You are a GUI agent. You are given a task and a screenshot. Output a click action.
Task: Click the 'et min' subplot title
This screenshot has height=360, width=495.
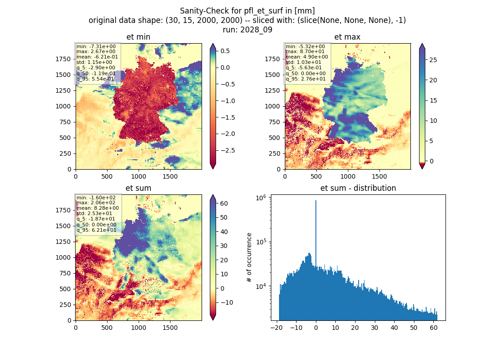click(138, 37)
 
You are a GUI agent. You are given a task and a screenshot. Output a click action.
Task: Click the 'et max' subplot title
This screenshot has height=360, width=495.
click(347, 37)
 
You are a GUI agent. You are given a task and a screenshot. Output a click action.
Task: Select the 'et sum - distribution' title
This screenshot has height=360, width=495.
click(358, 188)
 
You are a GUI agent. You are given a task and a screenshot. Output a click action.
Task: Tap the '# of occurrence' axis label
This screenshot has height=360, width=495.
click(249, 258)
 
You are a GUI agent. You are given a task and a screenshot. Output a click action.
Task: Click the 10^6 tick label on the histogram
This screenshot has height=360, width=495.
click(261, 198)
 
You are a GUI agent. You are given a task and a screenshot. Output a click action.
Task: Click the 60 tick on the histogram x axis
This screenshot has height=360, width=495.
click(434, 328)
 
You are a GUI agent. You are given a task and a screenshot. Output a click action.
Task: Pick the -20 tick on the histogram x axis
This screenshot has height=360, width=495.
click(276, 328)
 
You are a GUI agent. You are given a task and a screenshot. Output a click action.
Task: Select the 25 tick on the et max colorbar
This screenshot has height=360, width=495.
click(433, 60)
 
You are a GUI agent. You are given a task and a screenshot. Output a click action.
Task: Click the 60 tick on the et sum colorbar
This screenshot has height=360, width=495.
click(224, 203)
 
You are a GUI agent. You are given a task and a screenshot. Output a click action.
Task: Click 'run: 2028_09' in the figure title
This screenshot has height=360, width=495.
click(247, 30)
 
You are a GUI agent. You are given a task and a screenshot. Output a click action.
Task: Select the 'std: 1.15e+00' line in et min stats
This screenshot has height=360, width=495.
click(94, 62)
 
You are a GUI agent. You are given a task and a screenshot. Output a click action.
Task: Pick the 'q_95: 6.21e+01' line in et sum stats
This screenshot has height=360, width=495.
click(96, 230)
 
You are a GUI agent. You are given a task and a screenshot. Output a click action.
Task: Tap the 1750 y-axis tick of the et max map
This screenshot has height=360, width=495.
click(272, 59)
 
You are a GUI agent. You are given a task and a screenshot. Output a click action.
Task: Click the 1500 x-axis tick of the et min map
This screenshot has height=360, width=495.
click(170, 176)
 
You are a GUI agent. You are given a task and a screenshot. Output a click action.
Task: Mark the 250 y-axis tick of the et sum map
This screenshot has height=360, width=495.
click(66, 305)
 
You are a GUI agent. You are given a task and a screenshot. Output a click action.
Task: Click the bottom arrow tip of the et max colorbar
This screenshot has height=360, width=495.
click(422, 169)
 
